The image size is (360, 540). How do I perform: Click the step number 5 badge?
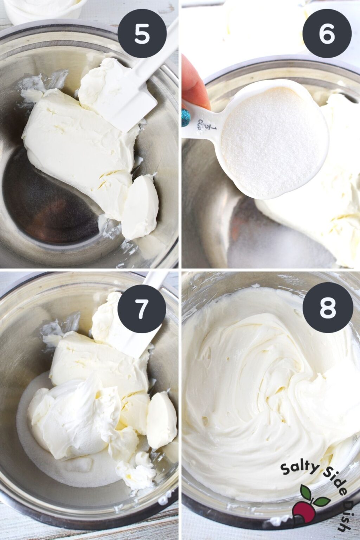142,34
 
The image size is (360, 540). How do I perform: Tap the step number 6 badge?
327,34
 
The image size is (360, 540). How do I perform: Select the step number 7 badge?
142,309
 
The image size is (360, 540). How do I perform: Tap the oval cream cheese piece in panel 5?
140,207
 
